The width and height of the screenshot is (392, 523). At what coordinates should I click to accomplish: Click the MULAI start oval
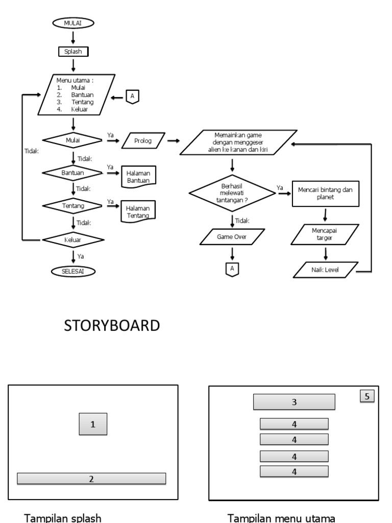coord(73,23)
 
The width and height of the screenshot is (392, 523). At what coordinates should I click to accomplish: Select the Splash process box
coord(73,52)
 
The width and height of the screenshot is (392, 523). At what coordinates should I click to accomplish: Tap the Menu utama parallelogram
coord(74,94)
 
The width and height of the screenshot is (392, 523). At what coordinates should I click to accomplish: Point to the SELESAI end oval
coord(73,272)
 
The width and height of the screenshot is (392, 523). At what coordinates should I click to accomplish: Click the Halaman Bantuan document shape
coord(139,175)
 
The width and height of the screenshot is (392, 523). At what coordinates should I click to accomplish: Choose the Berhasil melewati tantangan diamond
coord(233,193)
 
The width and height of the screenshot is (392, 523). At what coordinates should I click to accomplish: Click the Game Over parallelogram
coord(233,237)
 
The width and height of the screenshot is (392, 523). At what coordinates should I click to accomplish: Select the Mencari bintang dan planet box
coord(325,194)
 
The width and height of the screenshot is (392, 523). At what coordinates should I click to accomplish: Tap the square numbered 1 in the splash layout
coord(93,424)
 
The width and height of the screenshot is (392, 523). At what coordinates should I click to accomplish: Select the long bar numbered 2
coord(92,479)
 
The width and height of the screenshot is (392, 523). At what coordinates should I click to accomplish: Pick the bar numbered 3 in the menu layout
coord(294,402)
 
